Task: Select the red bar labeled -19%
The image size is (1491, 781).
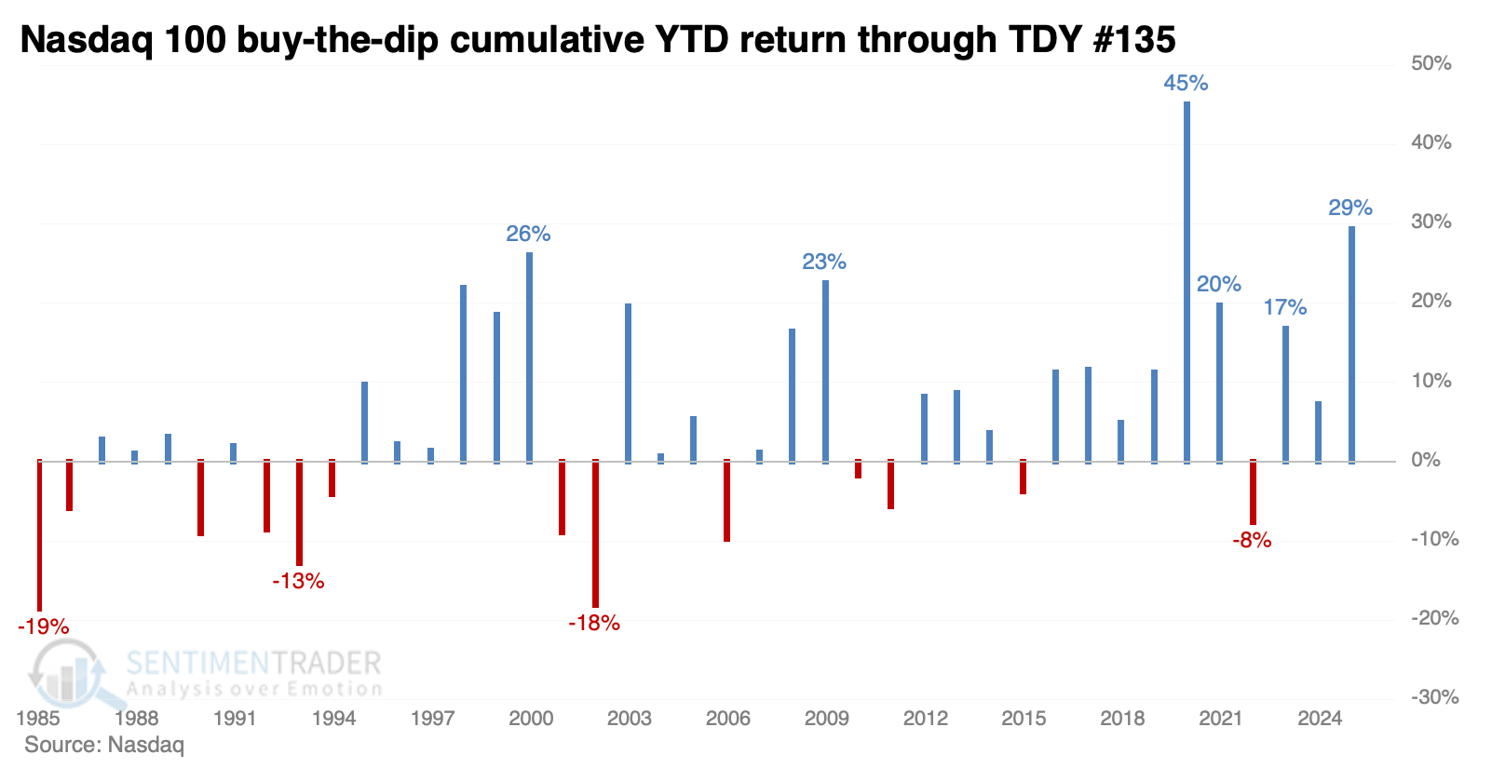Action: click(x=39, y=535)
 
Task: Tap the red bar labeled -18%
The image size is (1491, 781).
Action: click(x=595, y=533)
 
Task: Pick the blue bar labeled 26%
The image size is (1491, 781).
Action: click(x=529, y=357)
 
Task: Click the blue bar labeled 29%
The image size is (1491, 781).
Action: click(x=1351, y=344)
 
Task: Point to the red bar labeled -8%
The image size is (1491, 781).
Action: click(x=1253, y=492)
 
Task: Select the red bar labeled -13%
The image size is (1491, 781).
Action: click(x=299, y=513)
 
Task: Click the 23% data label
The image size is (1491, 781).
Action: click(x=824, y=263)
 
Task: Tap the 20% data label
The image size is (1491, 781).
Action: click(x=1218, y=284)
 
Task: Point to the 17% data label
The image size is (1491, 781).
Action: click(x=1285, y=307)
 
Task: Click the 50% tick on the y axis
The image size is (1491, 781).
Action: click(x=1431, y=63)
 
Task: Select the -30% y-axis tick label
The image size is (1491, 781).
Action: click(x=1434, y=697)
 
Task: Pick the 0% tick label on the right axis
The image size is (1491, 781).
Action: click(x=1426, y=460)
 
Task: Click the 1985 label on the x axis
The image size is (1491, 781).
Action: click(x=38, y=718)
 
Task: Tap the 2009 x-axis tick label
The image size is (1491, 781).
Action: click(x=826, y=718)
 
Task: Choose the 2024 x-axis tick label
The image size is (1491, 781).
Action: click(x=1320, y=718)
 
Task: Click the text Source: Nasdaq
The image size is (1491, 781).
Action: click(x=104, y=745)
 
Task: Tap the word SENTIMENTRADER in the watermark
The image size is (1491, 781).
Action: click(x=253, y=663)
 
